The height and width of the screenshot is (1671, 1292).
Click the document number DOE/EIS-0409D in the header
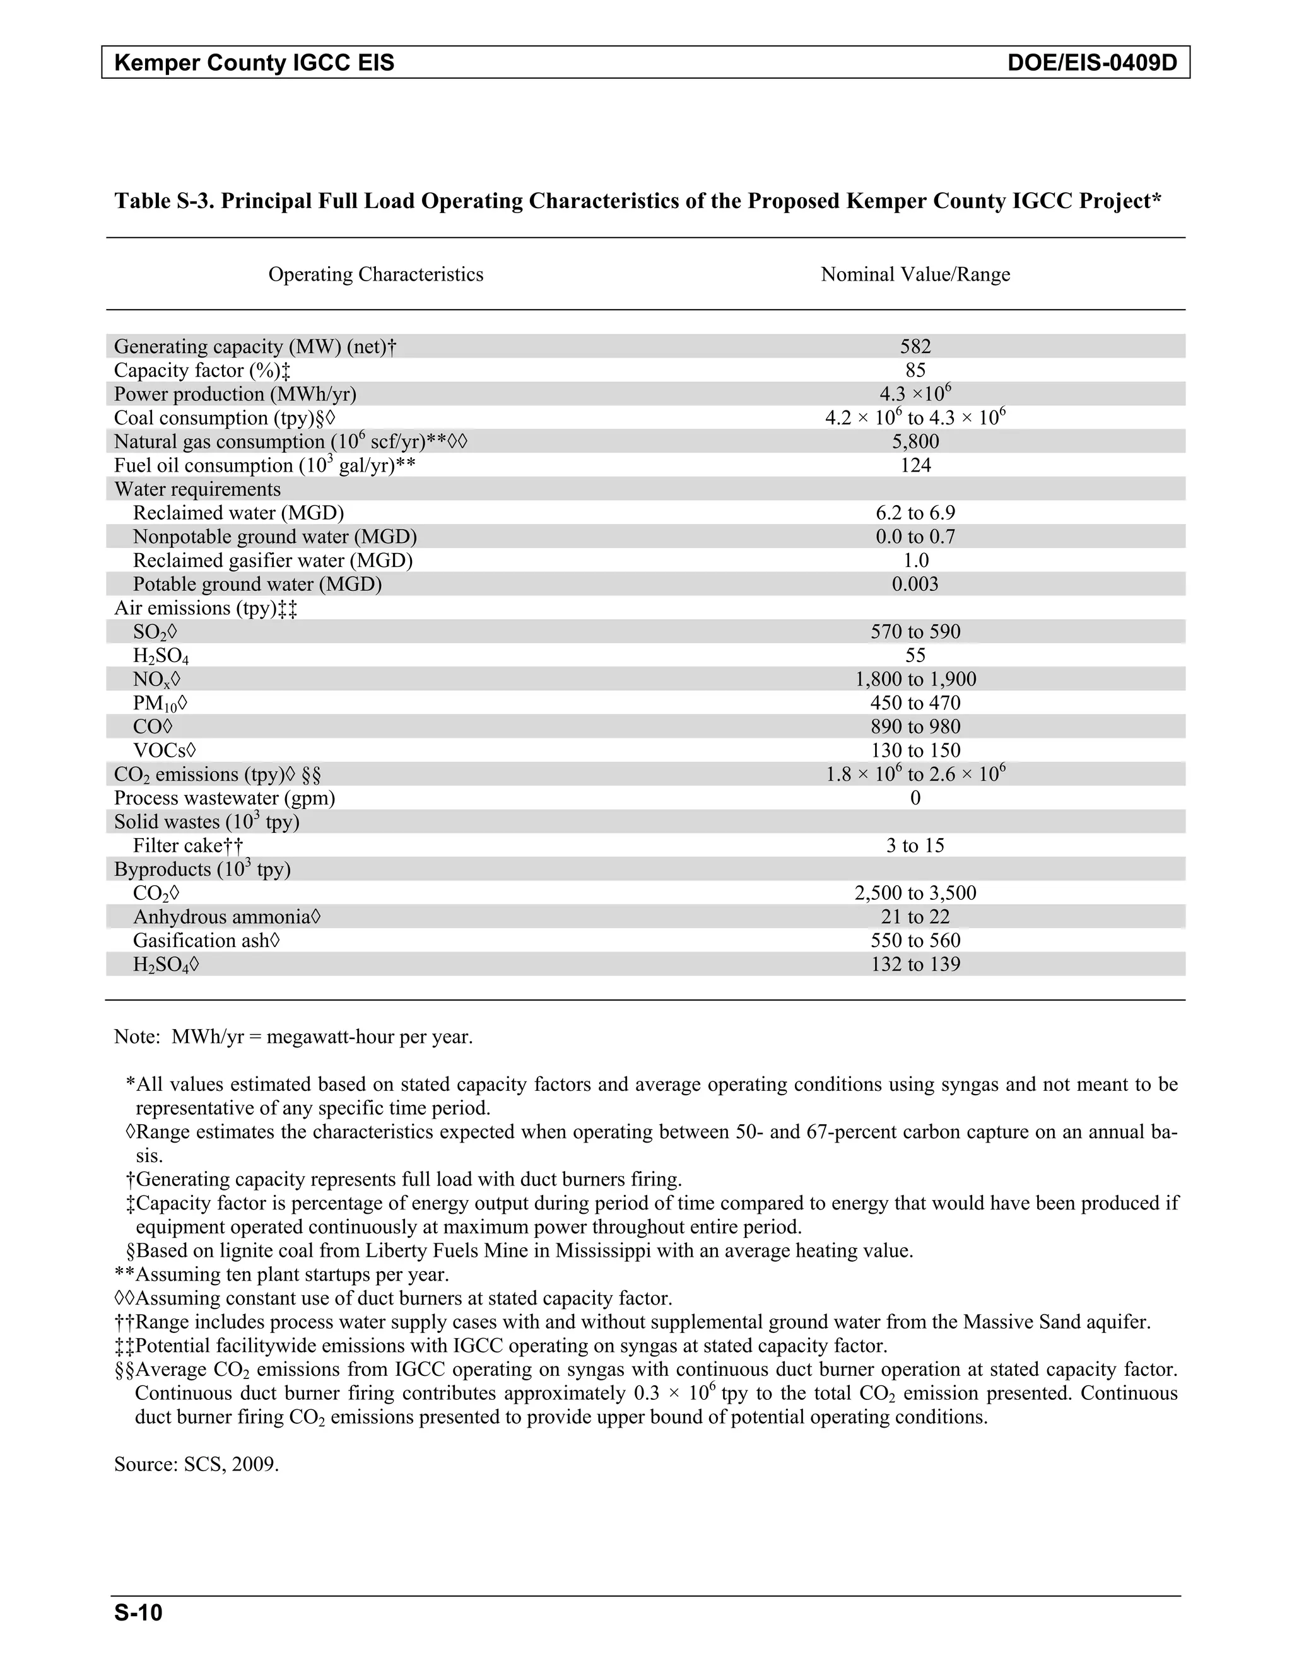pos(1091,62)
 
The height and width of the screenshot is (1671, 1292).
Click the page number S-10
pos(139,1613)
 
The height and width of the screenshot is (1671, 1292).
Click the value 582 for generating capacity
pos(915,347)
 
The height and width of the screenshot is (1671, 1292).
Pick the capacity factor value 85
pos(915,370)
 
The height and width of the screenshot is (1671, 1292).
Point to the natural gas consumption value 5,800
pos(915,441)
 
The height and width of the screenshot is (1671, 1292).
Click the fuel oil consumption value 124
pos(915,465)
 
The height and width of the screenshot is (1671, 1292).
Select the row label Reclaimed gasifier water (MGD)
pos(273,561)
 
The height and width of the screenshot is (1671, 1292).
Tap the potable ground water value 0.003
pos(915,585)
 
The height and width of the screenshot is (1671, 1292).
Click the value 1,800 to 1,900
pos(915,679)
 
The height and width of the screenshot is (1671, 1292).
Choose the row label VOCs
pos(165,750)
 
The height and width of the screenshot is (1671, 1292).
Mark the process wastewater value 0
pos(915,798)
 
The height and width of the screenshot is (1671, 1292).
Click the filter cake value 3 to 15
pos(915,846)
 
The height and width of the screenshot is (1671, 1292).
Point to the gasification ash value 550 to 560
pos(915,940)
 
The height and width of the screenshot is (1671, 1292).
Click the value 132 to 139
pos(915,964)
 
